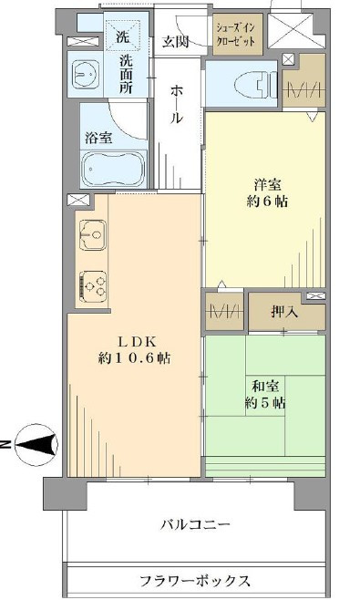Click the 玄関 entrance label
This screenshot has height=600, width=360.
click(176, 41)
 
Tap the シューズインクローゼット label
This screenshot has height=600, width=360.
click(236, 35)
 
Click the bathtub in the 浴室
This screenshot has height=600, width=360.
click(114, 169)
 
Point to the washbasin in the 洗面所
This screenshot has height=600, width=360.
click(86, 74)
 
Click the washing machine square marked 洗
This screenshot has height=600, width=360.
click(122, 37)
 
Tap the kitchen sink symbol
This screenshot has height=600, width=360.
click(93, 235)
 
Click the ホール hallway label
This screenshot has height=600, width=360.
click(177, 105)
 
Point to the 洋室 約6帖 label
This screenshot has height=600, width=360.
click(267, 193)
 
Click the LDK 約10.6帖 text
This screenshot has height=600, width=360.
click(133, 349)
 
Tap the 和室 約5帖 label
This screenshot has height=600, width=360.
click(265, 395)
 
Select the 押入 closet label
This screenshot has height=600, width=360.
click(284, 312)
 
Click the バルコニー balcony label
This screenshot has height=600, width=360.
click(195, 523)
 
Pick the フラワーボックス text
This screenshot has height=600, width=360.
click(195, 581)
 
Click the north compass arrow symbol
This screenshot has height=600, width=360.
click(36, 445)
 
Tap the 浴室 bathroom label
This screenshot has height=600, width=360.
click(98, 138)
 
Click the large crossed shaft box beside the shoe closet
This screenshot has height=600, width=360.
click(291, 31)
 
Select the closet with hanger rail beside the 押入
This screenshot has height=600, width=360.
click(224, 312)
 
